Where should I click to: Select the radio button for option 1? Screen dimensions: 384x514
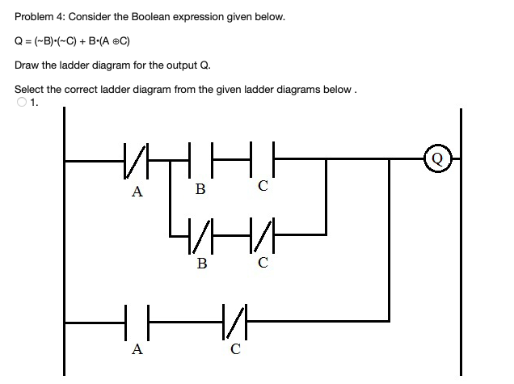tap(21, 102)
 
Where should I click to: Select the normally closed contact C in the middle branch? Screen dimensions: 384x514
tap(263, 235)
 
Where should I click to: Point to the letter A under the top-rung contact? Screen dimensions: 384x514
tap(137, 192)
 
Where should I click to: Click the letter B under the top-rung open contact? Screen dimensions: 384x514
tap(200, 191)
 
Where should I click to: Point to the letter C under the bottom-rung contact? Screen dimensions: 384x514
tap(234, 350)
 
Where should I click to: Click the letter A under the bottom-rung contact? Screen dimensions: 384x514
tap(137, 350)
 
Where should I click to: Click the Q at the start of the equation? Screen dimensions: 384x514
tap(19, 40)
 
